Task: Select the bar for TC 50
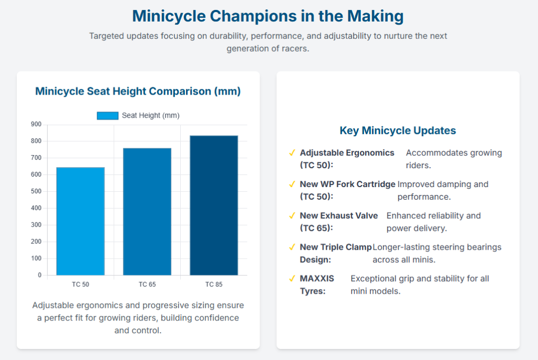80,221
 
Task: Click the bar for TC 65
147,211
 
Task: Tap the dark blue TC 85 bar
214,205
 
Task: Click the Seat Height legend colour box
107,116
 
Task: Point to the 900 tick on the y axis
36,125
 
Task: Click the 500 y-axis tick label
36,191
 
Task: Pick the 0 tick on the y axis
39,275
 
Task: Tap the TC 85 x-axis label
214,285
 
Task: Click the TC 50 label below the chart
80,285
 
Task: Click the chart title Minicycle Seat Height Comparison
138,91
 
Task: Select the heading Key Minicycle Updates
398,131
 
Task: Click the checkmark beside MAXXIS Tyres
292,279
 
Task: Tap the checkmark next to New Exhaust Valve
292,215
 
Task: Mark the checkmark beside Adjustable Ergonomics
292,153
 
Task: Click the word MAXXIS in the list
317,279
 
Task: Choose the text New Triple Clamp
335,247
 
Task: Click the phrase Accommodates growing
453,153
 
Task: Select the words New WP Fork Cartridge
347,184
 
